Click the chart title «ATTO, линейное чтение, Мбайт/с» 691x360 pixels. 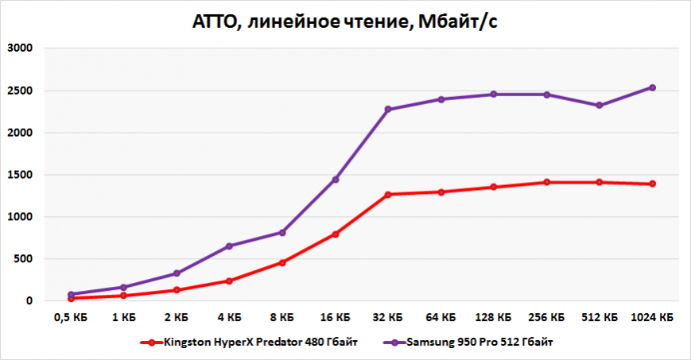[345, 22]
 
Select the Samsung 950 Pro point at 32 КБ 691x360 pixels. [388, 110]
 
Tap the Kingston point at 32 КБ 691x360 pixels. [388, 194]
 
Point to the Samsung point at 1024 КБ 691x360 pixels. [652, 87]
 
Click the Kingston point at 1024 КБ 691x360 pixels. [652, 184]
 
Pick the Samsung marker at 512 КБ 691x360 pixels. [600, 105]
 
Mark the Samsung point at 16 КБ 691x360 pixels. [336, 180]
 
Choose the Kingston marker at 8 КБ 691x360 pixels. [282, 262]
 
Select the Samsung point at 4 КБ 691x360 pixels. [230, 246]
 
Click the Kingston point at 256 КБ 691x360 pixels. [546, 182]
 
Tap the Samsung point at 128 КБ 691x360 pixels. [494, 95]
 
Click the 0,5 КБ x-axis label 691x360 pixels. [71, 316]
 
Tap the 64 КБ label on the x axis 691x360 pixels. [441, 316]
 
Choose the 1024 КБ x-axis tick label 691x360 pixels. [652, 316]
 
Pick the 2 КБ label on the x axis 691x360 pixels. [177, 316]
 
